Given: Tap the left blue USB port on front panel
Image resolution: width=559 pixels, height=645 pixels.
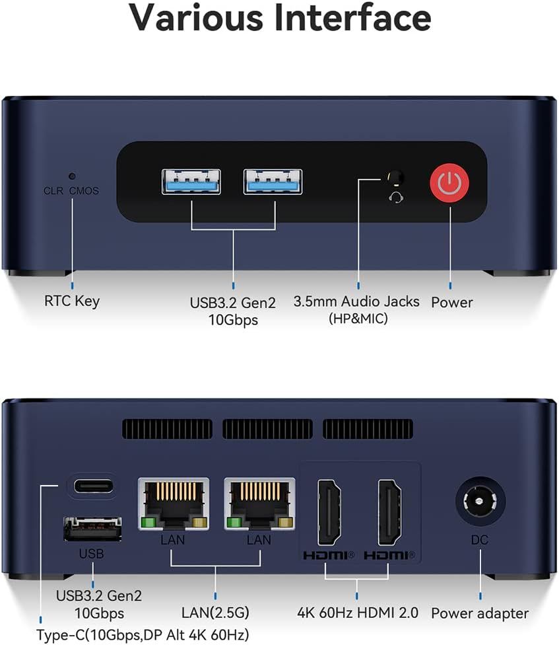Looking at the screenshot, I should [191, 182].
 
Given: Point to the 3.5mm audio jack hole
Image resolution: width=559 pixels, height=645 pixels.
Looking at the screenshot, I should [395, 178].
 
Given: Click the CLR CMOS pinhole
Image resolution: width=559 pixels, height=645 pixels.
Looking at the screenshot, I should [72, 176].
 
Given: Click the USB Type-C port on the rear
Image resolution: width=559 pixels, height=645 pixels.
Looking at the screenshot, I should [93, 486].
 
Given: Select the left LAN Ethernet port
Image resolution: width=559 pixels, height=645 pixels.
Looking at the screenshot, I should [174, 504].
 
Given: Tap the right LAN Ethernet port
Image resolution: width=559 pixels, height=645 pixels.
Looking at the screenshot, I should [259, 504].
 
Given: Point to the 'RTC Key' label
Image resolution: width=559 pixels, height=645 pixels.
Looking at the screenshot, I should [72, 301].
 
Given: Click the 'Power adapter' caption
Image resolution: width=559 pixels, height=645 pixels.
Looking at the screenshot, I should [480, 613].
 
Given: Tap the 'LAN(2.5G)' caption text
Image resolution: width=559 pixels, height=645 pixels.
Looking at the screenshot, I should [216, 613].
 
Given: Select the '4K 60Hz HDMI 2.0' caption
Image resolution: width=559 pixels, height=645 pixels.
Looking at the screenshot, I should [358, 613].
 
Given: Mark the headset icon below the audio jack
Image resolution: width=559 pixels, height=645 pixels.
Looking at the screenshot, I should [396, 197].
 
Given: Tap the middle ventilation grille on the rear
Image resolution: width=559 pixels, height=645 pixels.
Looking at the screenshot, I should [268, 430].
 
